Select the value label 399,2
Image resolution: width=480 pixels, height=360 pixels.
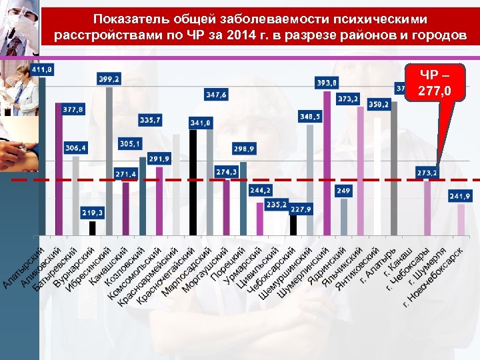109,79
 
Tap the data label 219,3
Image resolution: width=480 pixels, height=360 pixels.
92,213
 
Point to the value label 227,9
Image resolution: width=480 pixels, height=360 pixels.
301,209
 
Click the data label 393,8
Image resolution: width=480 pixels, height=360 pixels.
326,83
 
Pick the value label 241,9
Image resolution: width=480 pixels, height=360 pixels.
459,197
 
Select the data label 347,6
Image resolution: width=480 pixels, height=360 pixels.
216,95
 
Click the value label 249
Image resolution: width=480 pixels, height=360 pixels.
343,191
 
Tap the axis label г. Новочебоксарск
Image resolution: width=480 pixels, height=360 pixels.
433,280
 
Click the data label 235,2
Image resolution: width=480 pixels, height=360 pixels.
277,205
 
